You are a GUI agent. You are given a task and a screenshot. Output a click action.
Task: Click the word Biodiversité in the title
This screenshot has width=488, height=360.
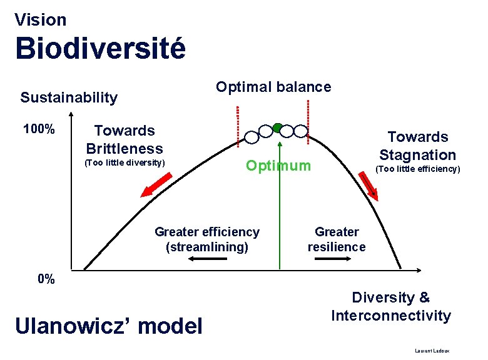(100, 49)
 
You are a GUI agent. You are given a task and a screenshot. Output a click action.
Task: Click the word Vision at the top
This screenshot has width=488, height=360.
(40, 20)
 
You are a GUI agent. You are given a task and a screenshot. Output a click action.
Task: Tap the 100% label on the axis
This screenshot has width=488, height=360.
(39, 130)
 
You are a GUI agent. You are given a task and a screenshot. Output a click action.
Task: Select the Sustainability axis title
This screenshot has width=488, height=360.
(69, 97)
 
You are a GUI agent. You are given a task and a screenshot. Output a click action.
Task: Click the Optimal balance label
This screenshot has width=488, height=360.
(273, 87)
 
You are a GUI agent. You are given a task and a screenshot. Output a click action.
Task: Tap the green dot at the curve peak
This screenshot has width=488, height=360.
(278, 127)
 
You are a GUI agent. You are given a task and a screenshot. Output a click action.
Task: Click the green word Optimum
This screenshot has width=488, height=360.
(278, 166)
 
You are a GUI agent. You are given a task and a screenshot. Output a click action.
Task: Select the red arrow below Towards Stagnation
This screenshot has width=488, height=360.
(370, 184)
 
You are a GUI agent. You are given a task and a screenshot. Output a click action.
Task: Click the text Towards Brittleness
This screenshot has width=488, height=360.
(124, 139)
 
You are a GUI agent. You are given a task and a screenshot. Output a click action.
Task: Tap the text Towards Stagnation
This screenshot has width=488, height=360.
(417, 146)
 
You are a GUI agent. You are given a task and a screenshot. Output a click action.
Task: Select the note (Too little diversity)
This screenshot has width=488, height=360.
(125, 164)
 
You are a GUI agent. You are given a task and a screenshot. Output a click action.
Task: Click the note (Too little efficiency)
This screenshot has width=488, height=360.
(417, 169)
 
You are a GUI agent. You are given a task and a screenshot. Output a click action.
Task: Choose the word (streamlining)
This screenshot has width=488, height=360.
(206, 247)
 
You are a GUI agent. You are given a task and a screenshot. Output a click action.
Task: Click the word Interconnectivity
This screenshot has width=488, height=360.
(390, 316)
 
